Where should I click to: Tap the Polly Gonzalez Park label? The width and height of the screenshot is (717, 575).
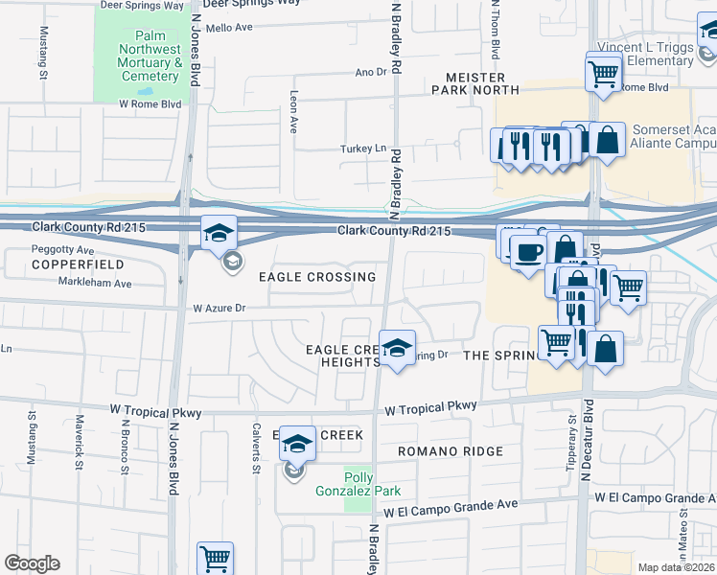coord(344,484)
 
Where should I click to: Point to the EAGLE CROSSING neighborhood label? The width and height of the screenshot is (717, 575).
coord(317,277)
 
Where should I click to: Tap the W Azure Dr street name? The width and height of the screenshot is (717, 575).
coord(220,309)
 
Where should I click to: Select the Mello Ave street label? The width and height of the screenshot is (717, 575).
coord(229,28)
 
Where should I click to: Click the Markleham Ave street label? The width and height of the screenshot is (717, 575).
coord(97,284)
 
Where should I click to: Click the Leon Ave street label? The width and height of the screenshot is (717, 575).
coord(293,112)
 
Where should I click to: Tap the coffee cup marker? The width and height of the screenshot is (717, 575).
coord(526,252)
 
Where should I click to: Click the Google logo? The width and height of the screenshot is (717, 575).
coord(32,563)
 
